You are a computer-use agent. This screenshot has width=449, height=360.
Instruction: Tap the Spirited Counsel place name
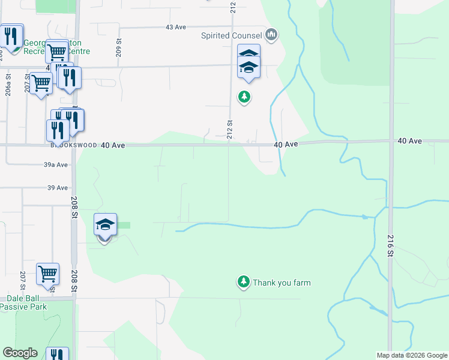point(232,35)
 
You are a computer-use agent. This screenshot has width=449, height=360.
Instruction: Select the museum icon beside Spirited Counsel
point(271,35)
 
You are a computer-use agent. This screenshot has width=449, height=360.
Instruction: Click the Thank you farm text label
point(282,283)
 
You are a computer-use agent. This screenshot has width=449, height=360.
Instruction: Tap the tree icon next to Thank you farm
point(243,281)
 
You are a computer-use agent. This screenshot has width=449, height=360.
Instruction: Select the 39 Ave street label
point(58,188)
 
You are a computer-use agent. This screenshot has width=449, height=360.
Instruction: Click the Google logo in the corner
point(20,353)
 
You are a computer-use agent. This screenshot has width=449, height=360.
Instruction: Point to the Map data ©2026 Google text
point(411,355)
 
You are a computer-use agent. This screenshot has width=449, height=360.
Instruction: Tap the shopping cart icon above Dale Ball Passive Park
point(47,274)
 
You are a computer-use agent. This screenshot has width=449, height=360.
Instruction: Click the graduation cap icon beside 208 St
point(105,224)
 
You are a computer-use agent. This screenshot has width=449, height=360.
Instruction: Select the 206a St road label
point(8,85)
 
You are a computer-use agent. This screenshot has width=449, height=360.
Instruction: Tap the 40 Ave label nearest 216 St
point(409,141)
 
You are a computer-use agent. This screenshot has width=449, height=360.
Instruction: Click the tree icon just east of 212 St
point(244,96)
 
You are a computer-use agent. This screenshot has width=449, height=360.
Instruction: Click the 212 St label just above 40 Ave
point(229,129)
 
